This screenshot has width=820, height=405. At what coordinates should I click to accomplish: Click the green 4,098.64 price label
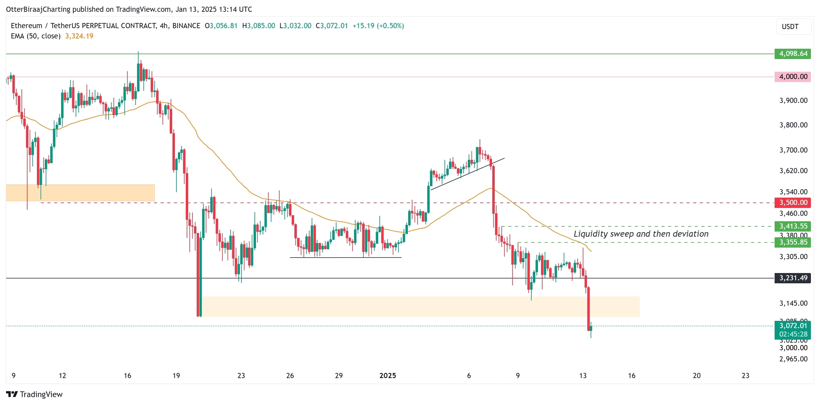793,54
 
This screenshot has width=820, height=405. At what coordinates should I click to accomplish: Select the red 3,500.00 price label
793,202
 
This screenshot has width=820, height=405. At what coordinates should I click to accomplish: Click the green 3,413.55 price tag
793,226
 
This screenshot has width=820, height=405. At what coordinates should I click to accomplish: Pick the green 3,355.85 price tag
793,242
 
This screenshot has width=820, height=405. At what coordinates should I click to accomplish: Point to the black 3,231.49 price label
793,278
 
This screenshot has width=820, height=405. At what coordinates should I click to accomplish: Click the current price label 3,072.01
793,326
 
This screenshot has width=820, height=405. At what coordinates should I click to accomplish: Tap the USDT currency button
790,26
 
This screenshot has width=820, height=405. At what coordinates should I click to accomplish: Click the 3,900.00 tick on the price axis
793,100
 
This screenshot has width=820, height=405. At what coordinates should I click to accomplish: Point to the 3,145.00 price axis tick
793,303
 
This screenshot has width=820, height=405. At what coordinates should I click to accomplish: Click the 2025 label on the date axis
387,376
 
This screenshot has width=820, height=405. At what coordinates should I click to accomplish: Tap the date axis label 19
176,376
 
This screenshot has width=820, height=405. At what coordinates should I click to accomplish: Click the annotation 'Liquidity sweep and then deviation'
641,234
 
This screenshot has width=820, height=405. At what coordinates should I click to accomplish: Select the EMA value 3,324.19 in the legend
79,36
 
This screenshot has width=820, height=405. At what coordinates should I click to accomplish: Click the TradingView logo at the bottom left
34,394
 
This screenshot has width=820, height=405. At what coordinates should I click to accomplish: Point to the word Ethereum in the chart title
26,26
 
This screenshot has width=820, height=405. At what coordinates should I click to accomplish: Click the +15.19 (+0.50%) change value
378,26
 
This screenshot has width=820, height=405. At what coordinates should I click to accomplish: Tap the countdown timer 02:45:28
793,334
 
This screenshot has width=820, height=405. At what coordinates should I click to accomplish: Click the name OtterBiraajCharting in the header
38,9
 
